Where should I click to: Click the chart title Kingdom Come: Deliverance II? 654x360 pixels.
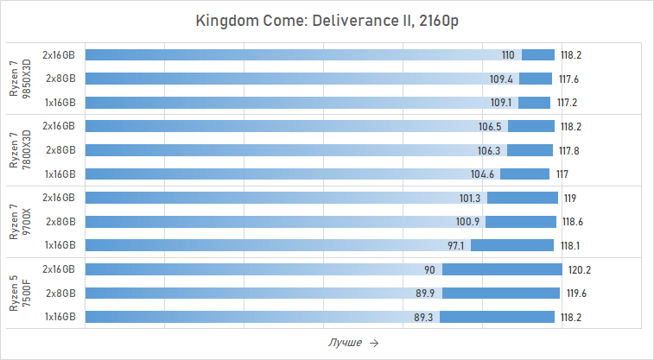tap(327, 21)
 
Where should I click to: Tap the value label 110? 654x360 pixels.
tap(508, 55)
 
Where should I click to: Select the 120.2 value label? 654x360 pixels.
tap(580, 270)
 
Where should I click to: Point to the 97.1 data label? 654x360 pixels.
tap(456, 245)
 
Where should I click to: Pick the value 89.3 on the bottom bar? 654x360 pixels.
tap(424, 317)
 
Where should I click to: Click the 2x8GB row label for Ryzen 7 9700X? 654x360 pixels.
tap(60, 222)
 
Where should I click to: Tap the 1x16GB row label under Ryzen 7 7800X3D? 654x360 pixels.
tap(60, 174)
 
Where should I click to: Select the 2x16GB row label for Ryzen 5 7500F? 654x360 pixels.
tap(60, 269)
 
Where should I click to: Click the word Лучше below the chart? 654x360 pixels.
tap(345, 343)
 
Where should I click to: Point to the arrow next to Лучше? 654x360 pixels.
tap(373, 343)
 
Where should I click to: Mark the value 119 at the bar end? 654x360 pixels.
tap(570, 199)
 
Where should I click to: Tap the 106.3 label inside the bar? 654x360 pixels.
tap(489, 150)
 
